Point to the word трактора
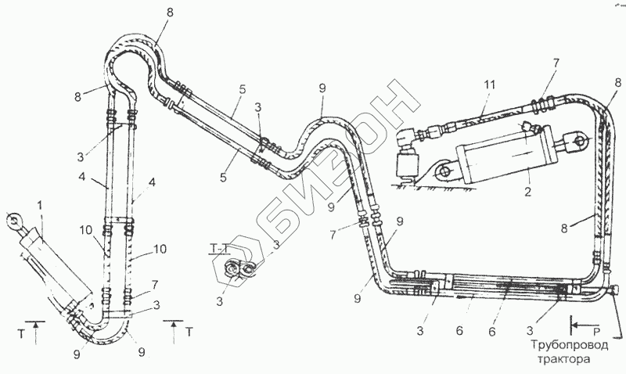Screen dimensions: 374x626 pos(566,361)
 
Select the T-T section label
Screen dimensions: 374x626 pos(220,250)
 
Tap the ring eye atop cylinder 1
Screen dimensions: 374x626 pos(14,221)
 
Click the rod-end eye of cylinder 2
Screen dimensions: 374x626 pos(580,142)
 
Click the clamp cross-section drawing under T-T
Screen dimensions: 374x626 pos(238,271)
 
